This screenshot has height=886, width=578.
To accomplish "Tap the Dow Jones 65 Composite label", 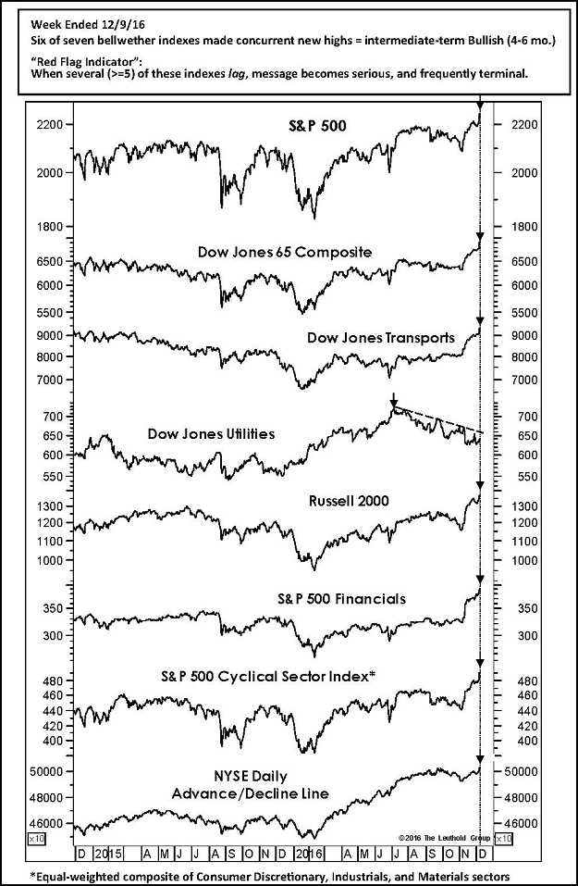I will (x=284, y=251).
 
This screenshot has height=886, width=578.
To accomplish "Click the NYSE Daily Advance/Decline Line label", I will (x=251, y=782).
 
